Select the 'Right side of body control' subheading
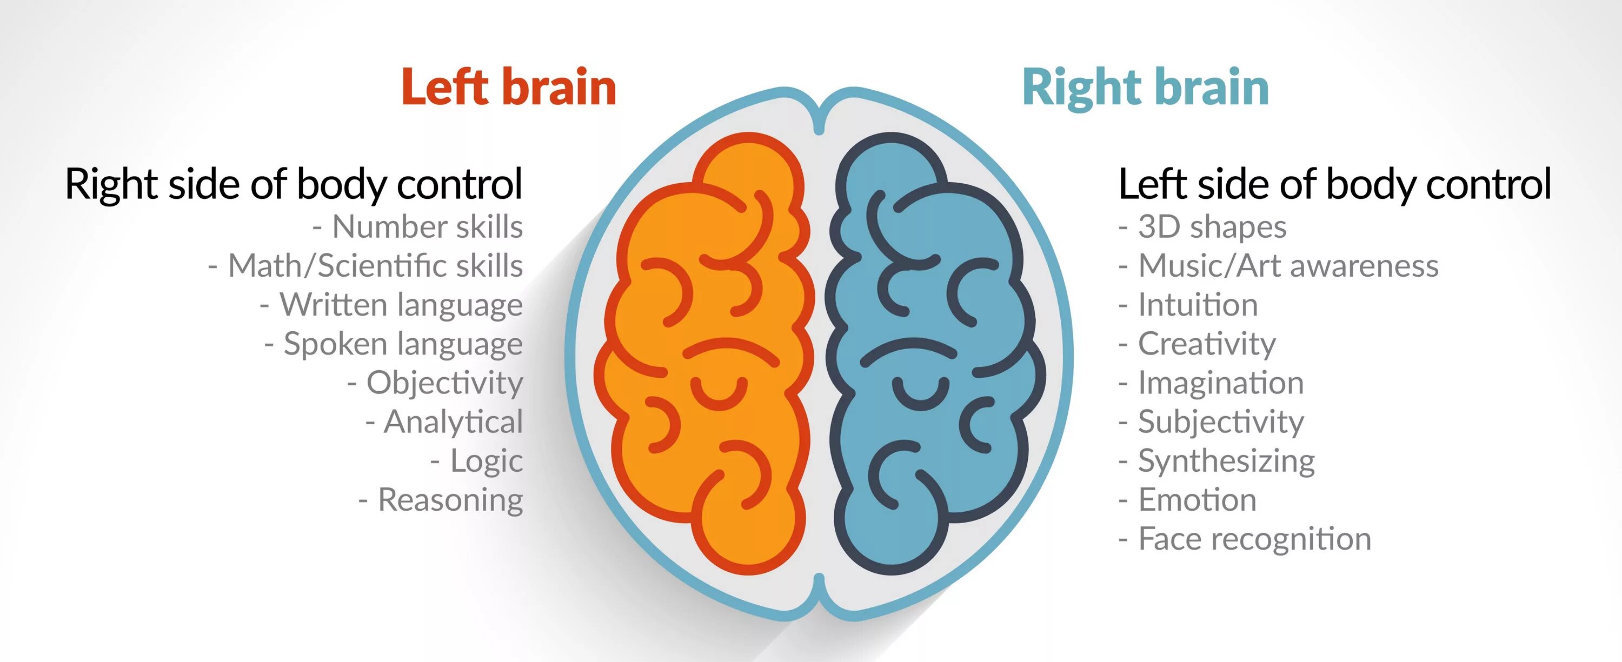[x=294, y=184]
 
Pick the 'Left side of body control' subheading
[x=1334, y=184]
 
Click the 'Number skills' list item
[x=427, y=226]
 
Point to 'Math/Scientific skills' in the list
[x=375, y=265]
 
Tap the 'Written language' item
[x=401, y=305]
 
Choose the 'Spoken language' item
[x=403, y=344]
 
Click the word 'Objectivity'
[x=444, y=383]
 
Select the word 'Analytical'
[x=454, y=422]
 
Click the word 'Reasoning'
[x=450, y=500]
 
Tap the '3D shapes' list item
[x=1212, y=226]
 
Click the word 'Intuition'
[x=1198, y=305]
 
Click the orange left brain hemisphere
[x=705, y=352]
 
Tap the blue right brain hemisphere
[x=932, y=352]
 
